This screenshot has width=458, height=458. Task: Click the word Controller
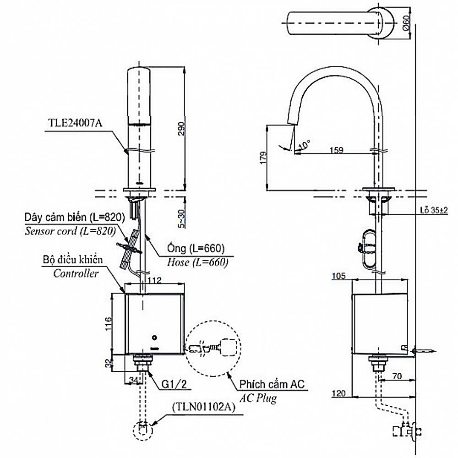(x=76, y=274)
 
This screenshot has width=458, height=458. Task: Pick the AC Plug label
(x=260, y=398)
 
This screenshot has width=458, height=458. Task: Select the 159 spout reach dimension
(x=337, y=149)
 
